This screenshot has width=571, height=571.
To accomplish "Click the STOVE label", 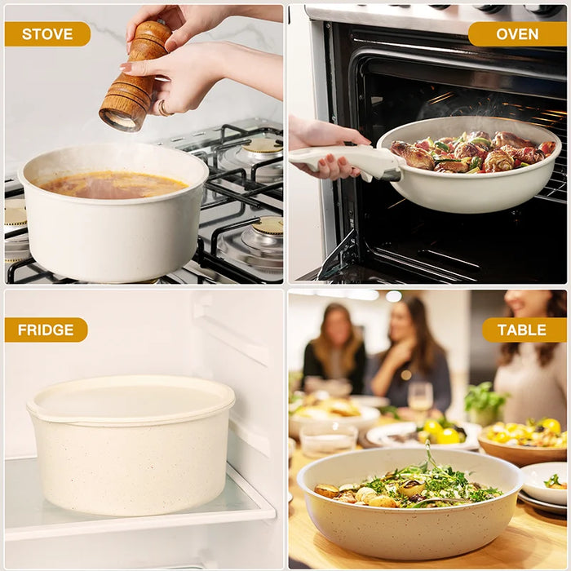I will pyautogui.click(x=46, y=33).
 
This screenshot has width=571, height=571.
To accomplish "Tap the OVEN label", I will pyautogui.click(x=516, y=33).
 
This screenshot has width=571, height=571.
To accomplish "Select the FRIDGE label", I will pyautogui.click(x=46, y=330).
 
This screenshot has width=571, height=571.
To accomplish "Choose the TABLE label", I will pyautogui.click(x=523, y=330).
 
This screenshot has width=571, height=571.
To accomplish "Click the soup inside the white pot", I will pyautogui.click(x=113, y=184).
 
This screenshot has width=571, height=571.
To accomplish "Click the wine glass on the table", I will pyautogui.click(x=420, y=401).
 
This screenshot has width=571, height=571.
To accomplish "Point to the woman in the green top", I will pyautogui.click(x=335, y=351).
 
